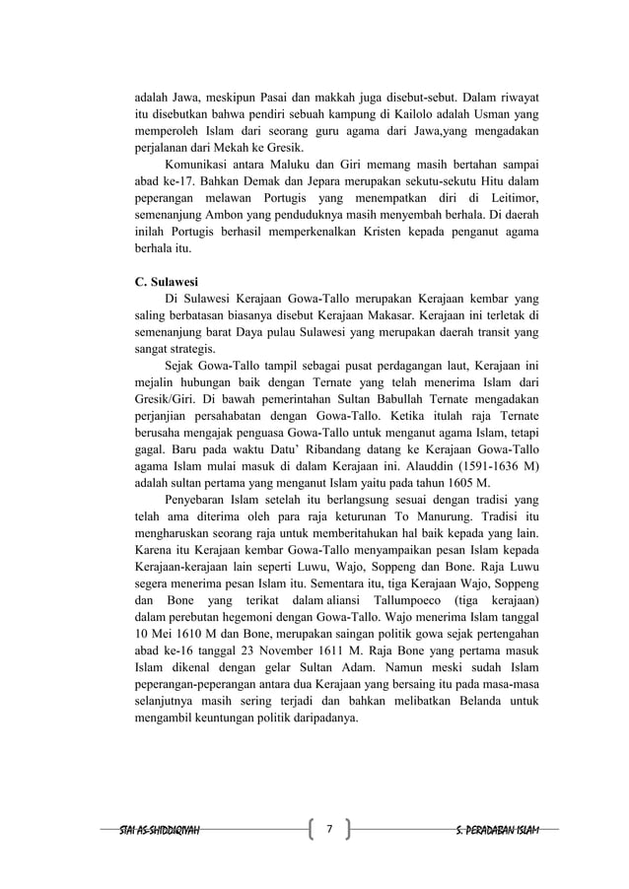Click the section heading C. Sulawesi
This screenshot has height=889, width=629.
click(166, 280)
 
